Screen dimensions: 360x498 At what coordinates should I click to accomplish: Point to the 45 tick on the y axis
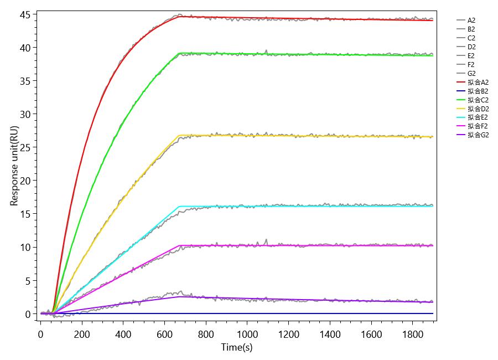(x=25, y=14)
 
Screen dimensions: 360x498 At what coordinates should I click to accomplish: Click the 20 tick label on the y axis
(x=25, y=181)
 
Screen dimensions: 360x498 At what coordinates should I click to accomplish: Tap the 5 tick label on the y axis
(x=28, y=280)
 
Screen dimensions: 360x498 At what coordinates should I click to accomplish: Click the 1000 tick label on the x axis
(x=247, y=334)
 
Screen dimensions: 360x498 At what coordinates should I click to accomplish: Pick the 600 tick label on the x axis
(x=164, y=334)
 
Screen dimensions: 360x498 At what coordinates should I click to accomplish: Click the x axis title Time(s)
(x=237, y=347)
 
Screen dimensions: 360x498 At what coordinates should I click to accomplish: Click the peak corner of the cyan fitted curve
(x=179, y=207)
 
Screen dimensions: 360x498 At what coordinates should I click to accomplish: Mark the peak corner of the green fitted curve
(x=179, y=53)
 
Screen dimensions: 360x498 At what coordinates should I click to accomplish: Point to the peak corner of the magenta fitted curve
(x=179, y=245)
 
